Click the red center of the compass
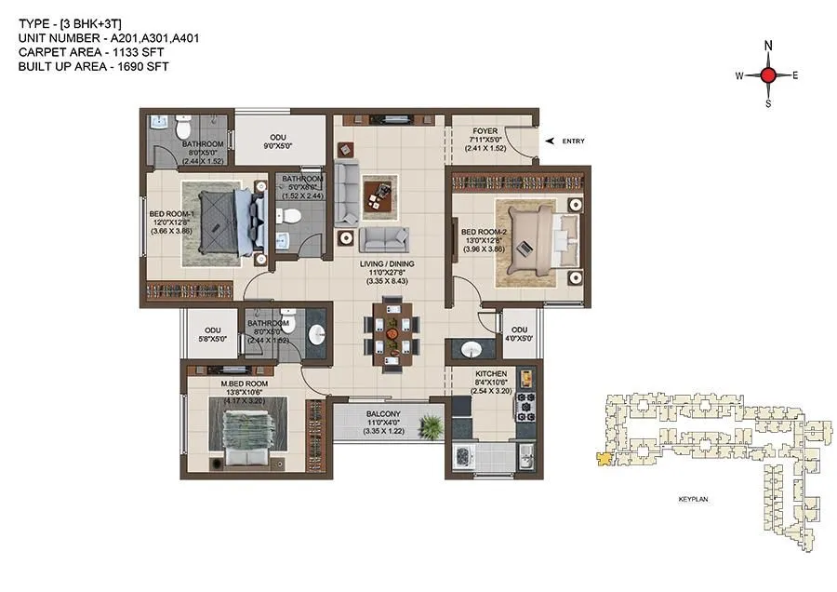768,76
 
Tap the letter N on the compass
768,46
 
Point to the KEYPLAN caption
693,500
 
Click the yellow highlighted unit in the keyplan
604,458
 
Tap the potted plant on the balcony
432,427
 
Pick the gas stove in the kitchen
526,408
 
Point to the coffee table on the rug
379,195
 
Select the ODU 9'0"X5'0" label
278,141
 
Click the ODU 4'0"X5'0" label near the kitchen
519,335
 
